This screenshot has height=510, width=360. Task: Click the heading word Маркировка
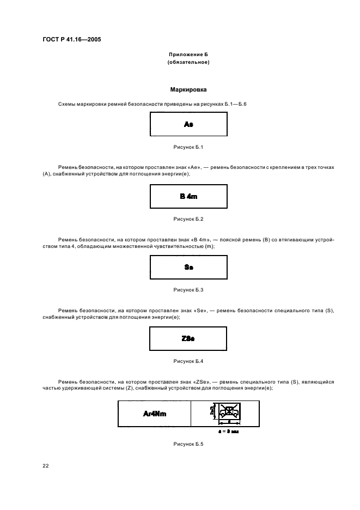[188, 89]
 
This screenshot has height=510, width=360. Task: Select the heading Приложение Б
[188, 55]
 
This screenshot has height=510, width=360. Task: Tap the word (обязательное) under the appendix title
[188, 62]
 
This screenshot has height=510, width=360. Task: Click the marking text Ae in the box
[188, 124]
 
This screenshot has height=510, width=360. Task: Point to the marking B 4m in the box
[188, 196]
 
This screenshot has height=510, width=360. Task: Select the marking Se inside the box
[188, 268]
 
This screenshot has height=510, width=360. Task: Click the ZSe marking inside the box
[188, 339]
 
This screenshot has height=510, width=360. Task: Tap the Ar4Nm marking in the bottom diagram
[155, 414]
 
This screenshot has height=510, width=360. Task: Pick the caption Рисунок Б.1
[188, 147]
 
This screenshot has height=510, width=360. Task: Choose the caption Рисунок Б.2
[188, 218]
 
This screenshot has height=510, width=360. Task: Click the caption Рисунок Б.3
[188, 290]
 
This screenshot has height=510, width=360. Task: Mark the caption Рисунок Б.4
[188, 361]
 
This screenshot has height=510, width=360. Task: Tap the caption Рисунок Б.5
[188, 445]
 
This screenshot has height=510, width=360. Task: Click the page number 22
[46, 466]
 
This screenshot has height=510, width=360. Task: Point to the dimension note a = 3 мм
[229, 430]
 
